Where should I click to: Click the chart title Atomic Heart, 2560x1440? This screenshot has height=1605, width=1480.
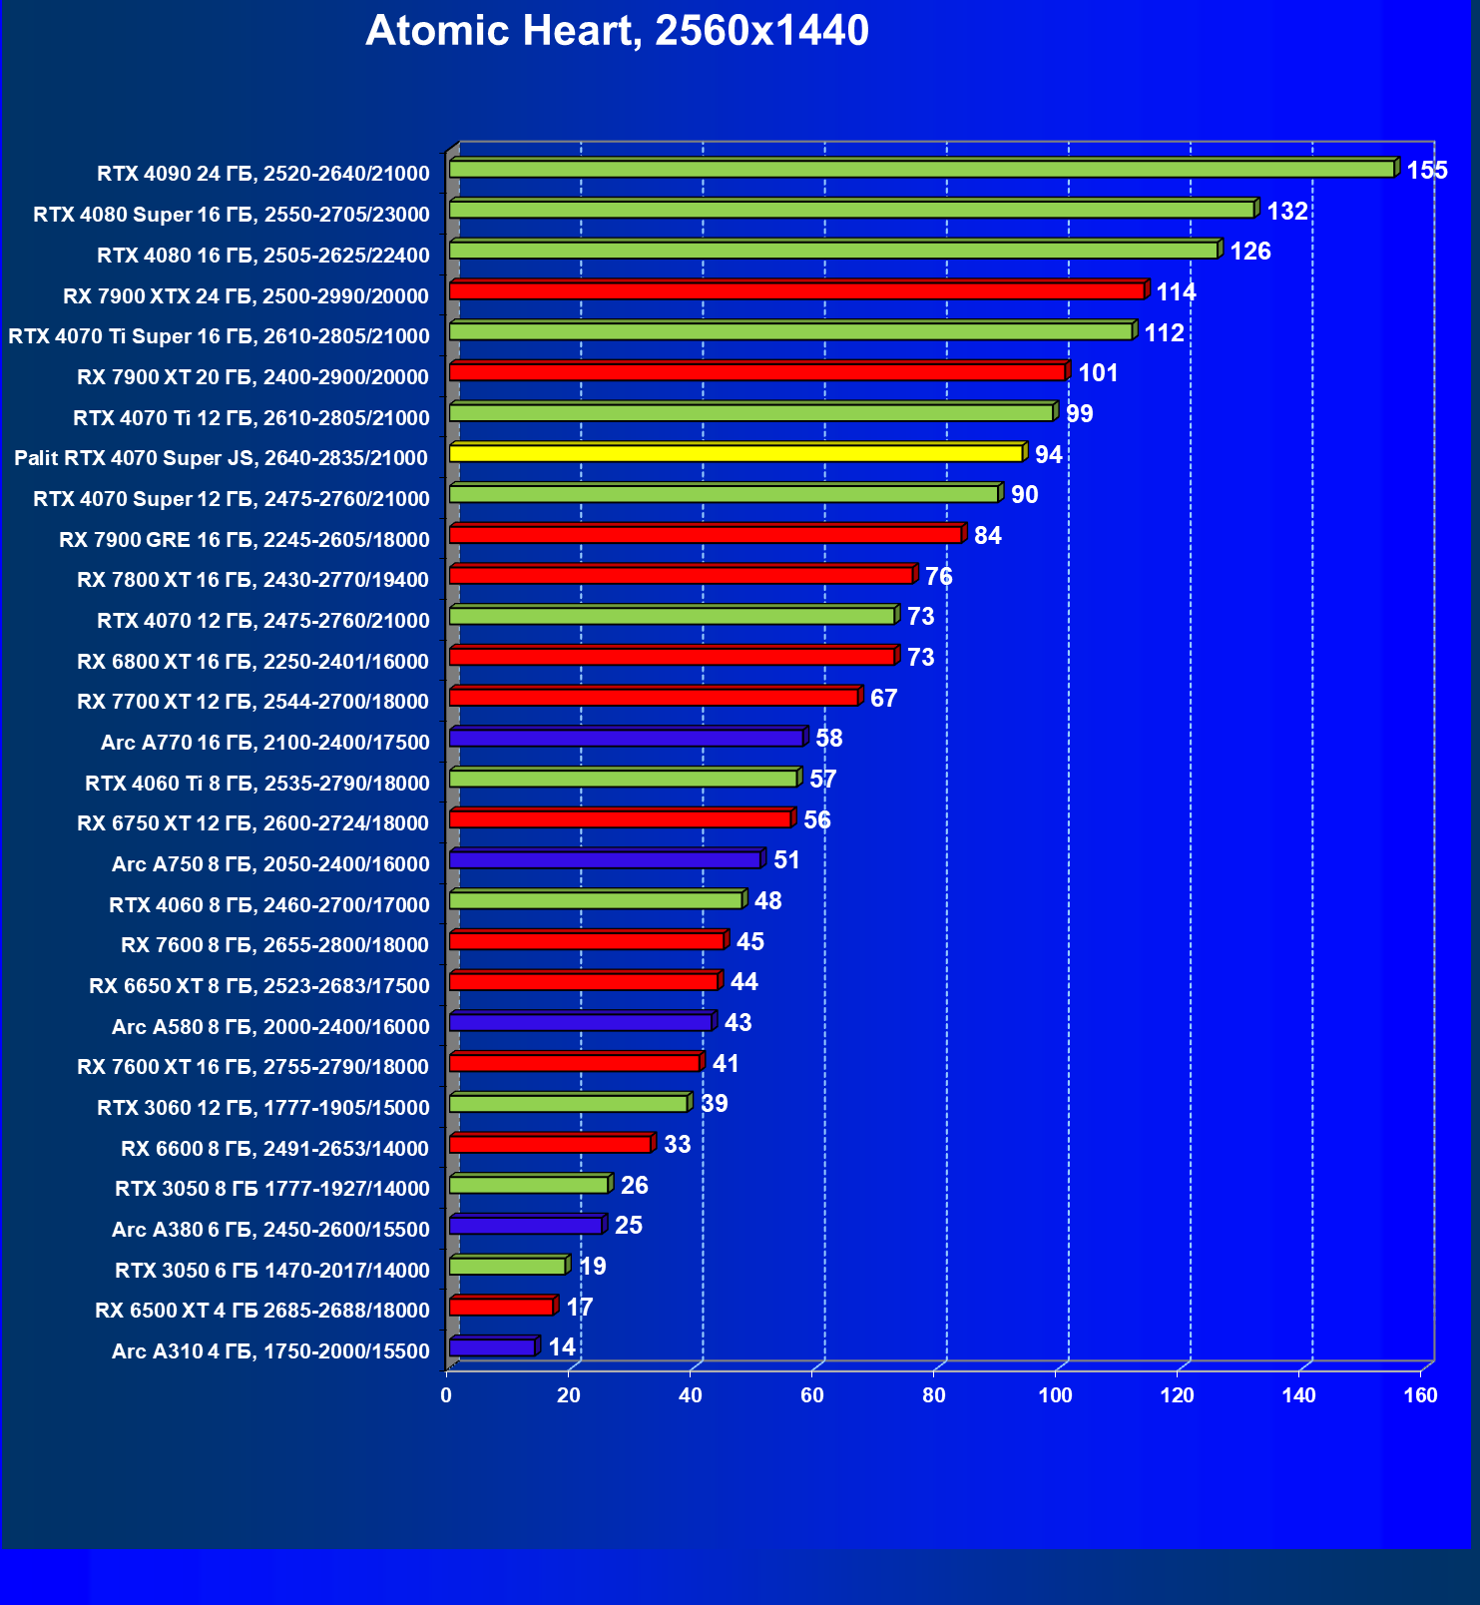[617, 31]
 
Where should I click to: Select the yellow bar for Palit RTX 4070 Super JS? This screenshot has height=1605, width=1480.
[736, 454]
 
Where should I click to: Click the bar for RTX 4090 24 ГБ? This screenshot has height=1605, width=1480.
[921, 170]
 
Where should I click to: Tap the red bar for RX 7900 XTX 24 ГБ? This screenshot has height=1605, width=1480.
[796, 291]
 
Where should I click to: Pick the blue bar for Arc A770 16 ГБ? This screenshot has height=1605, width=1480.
[626, 739]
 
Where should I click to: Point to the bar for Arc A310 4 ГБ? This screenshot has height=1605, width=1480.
[493, 1348]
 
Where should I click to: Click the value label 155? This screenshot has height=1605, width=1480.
[1426, 170]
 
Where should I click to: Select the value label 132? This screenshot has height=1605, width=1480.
[1286, 211]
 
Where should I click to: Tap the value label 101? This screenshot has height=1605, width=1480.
[1098, 373]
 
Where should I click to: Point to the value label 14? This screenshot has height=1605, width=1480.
[562, 1347]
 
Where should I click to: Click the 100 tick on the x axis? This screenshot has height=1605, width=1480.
[1055, 1395]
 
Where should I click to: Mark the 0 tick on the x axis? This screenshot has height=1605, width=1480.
[446, 1395]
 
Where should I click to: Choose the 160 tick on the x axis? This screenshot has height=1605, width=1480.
[1420, 1395]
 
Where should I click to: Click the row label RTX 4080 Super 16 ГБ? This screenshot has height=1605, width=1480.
[232, 215]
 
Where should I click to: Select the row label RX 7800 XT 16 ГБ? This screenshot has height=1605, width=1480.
[252, 580]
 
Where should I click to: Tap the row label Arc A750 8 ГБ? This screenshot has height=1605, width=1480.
[270, 864]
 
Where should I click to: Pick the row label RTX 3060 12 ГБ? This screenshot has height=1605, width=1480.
[263, 1108]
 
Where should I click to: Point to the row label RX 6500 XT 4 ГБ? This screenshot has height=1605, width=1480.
[262, 1311]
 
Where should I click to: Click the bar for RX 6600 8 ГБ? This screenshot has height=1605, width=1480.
[550, 1145]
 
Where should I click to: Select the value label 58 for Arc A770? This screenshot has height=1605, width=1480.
[828, 739]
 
